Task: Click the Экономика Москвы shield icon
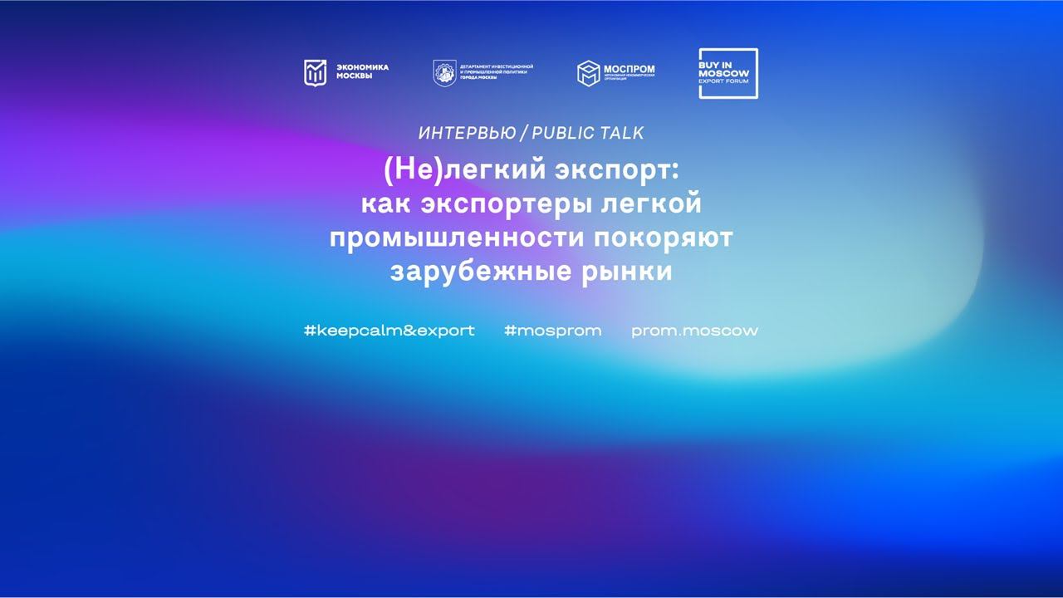coord(315,73)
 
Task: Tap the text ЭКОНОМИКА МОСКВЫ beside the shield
coord(361,72)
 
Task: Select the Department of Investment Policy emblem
coord(444,73)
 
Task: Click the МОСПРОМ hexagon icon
coord(589,73)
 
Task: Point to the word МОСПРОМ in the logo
coord(629,69)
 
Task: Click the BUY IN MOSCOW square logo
coord(727,73)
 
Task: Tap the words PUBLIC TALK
coord(588,133)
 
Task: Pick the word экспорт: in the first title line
coord(605,170)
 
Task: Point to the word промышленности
coord(457,238)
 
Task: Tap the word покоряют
coord(664,238)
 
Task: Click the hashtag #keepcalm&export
coord(389,331)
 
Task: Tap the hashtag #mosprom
coord(552,331)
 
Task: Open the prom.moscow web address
coord(694,331)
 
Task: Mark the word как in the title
coord(388,203)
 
